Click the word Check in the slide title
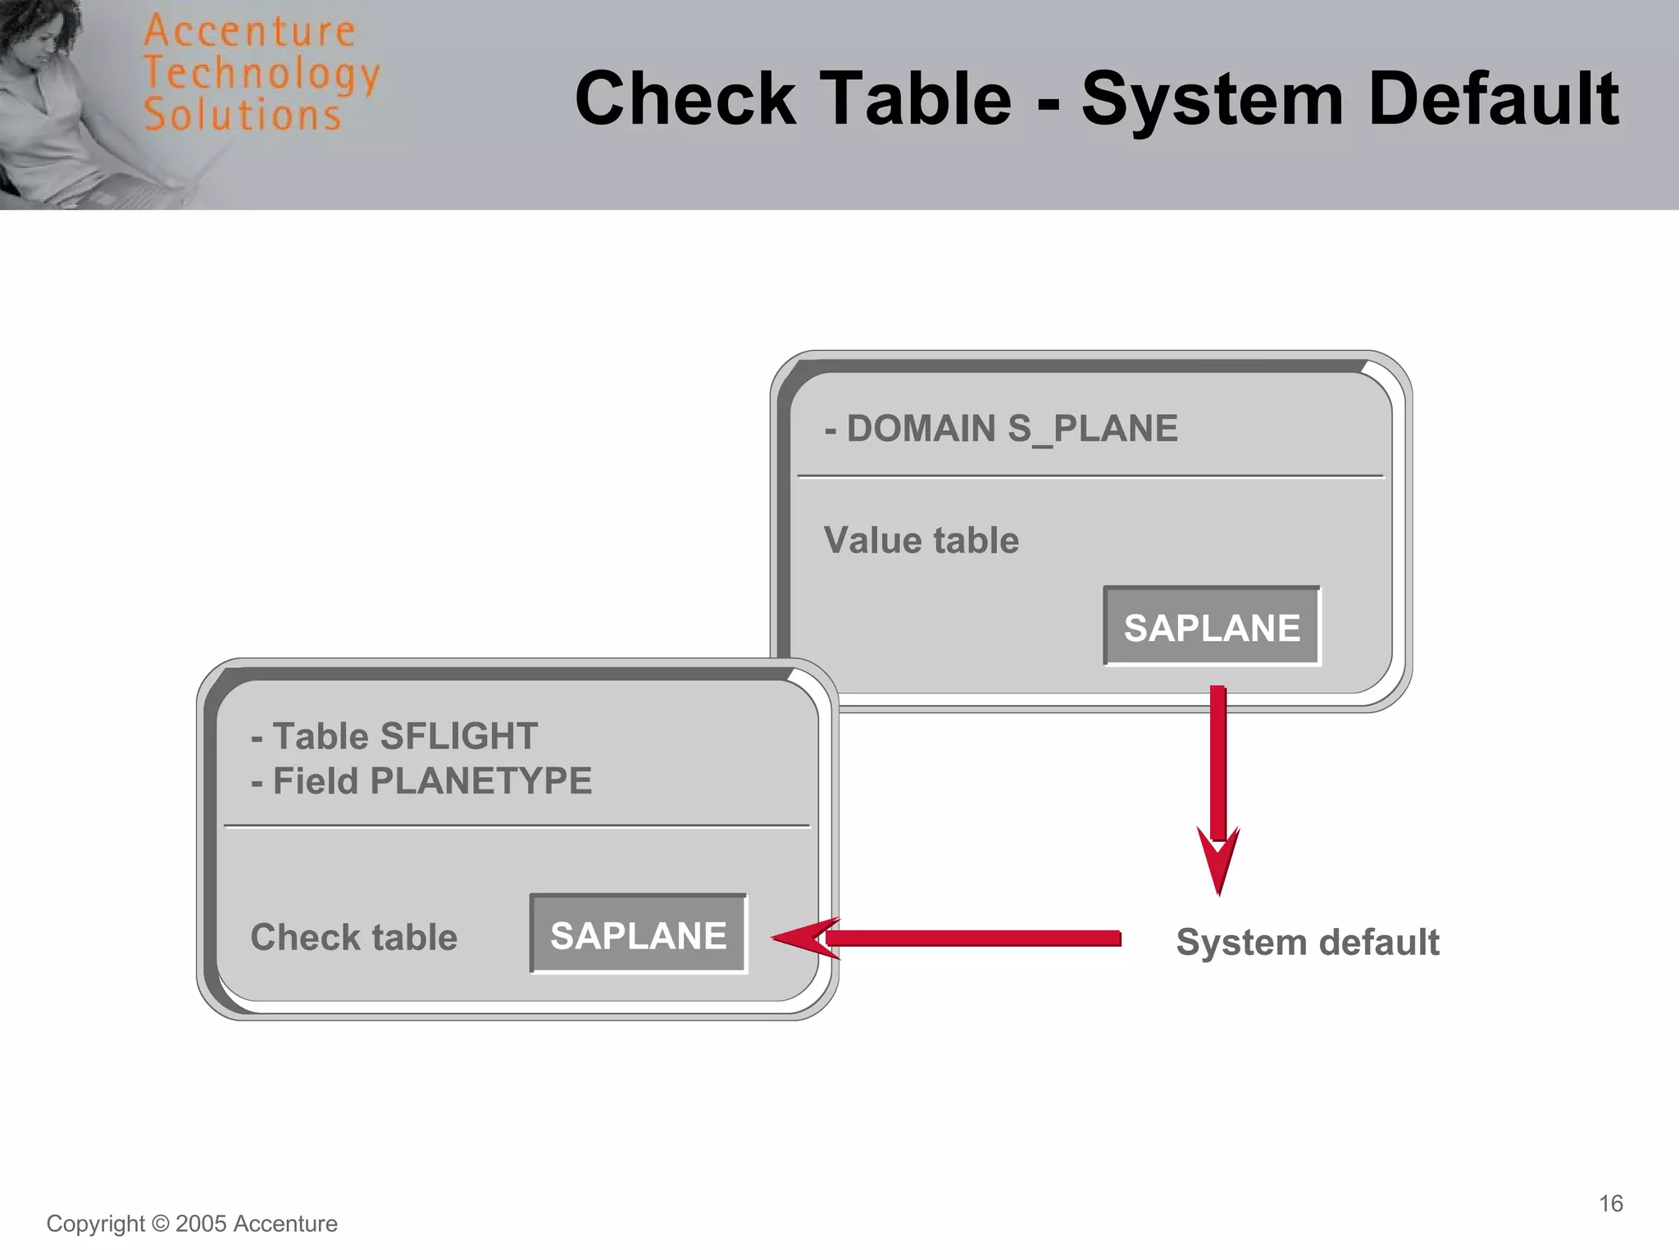[685, 98]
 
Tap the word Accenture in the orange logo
[249, 31]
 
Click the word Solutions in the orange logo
[242, 115]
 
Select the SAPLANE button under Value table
[1211, 627]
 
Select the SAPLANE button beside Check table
[638, 934]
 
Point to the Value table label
[921, 540]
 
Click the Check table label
[353, 937]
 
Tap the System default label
[1307, 942]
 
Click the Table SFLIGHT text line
[394, 735]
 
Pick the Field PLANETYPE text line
[421, 780]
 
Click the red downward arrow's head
[1218, 865]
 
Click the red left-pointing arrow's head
[803, 939]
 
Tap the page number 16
[1610, 1203]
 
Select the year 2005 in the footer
[201, 1224]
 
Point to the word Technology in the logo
[261, 74]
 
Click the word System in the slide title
[1211, 98]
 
